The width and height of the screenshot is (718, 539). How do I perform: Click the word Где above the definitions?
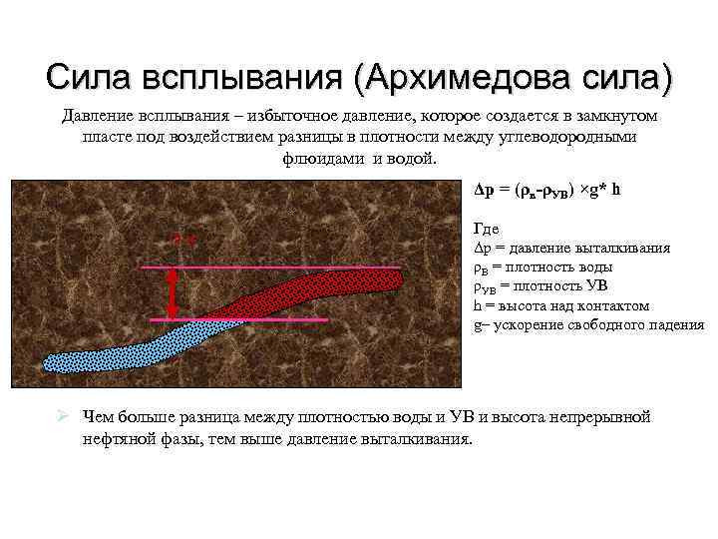(487, 230)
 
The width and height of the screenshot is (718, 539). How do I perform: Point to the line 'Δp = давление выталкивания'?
(570, 249)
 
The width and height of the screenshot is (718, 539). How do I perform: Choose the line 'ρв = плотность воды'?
(542, 268)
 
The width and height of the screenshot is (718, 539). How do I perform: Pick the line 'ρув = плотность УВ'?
(538, 286)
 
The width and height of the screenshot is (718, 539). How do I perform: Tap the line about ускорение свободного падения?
(588, 324)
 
